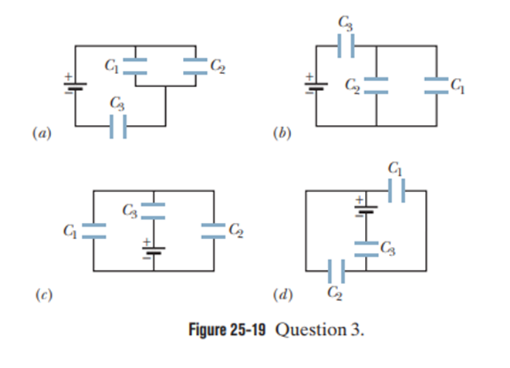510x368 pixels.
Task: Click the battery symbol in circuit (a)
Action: pos(75,84)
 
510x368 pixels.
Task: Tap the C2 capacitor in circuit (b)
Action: pos(376,84)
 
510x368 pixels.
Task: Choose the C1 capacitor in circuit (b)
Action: pos(436,84)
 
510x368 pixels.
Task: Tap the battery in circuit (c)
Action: pos(154,249)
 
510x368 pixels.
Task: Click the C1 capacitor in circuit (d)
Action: pos(396,190)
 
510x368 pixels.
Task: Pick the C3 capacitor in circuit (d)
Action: pos(366,248)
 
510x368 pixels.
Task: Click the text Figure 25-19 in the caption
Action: pos(228,329)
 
